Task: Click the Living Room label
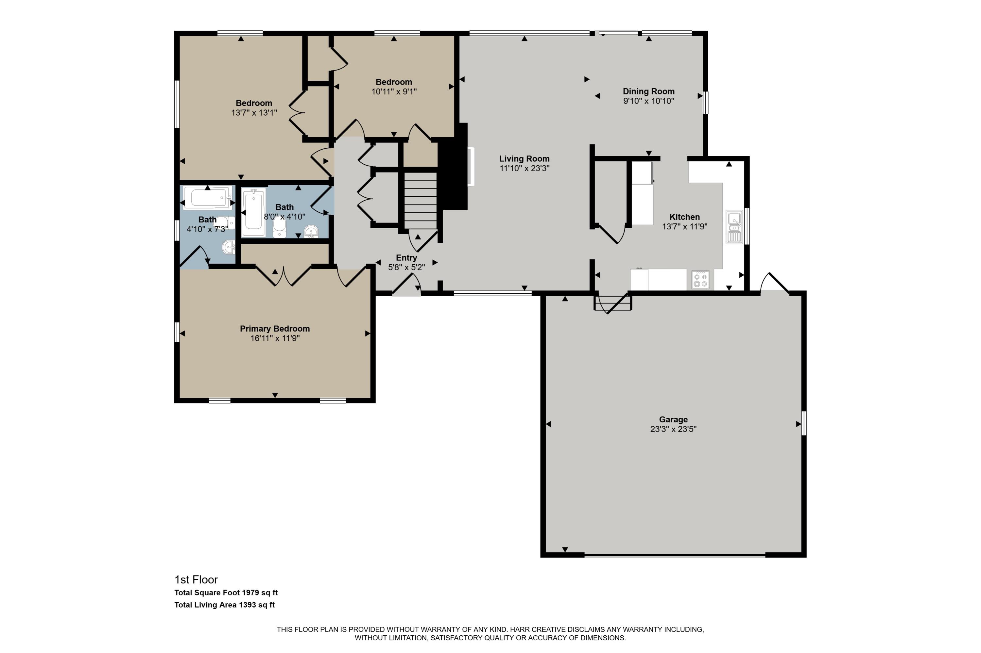click(524, 159)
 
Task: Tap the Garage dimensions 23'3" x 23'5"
click(673, 429)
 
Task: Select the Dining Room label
click(648, 91)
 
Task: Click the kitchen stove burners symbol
click(700, 279)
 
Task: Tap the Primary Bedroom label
click(274, 329)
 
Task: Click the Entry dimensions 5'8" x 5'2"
click(406, 267)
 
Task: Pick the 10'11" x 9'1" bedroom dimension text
click(394, 91)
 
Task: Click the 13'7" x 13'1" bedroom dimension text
click(254, 113)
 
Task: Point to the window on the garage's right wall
click(804, 424)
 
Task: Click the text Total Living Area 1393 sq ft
click(224, 605)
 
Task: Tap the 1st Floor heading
click(196, 579)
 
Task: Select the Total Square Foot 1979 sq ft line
click(226, 593)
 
